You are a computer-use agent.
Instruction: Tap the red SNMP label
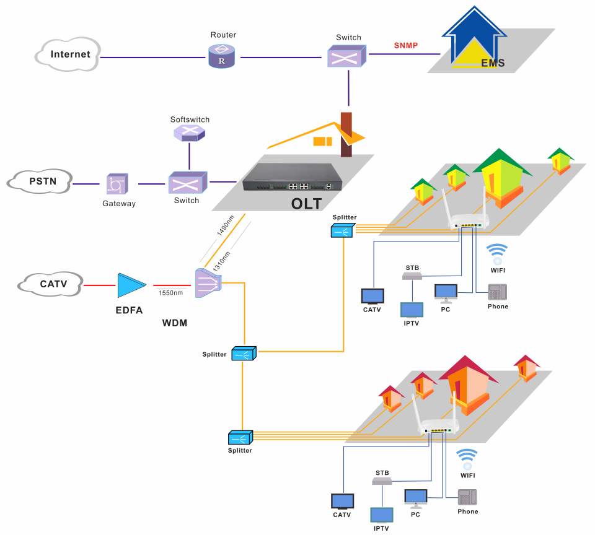[405, 46]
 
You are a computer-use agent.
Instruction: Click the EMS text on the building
[493, 63]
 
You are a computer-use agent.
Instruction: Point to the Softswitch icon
[190, 133]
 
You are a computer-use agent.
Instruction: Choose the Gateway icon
[117, 184]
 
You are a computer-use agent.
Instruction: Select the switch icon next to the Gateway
[187, 183]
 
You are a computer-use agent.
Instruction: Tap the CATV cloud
[50, 284]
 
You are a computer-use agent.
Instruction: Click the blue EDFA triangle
[131, 285]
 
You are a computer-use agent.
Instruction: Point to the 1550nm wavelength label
[170, 292]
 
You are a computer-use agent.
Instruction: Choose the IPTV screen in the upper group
[412, 309]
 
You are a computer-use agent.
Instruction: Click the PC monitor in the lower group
[415, 497]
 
